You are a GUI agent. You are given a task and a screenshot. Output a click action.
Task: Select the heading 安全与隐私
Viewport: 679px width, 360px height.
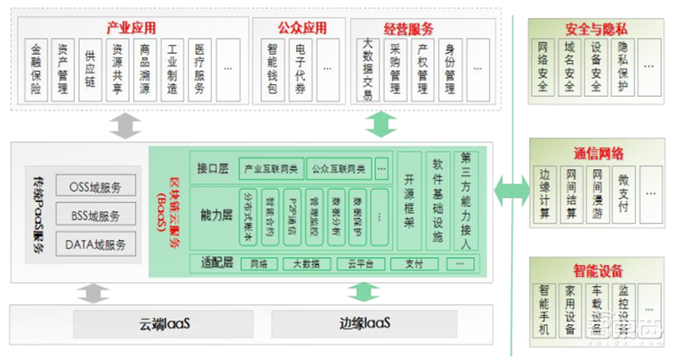[594, 28]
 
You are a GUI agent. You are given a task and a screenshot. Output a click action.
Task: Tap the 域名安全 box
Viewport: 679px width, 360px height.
[570, 66]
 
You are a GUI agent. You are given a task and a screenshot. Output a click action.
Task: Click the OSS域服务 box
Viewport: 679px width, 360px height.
[94, 186]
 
